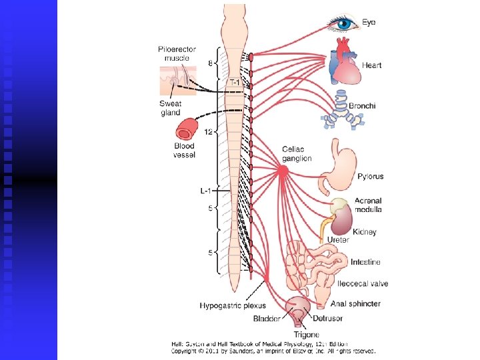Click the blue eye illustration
coord(343,24)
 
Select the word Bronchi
coord(362,105)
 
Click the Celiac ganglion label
coord(297,154)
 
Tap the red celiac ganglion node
coord(283,171)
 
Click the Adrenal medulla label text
coord(368,205)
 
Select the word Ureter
coord(338,239)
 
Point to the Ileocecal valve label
coord(363,284)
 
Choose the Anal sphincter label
coord(355,303)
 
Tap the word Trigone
coord(307,334)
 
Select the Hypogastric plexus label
coord(233,305)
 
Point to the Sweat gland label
coord(171,108)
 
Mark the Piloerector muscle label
coord(177,53)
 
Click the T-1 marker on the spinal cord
coord(235,81)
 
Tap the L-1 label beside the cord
coord(207,191)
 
